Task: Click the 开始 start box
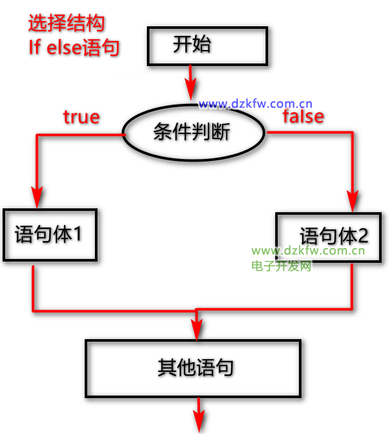click(206, 46)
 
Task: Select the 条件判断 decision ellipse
click(193, 133)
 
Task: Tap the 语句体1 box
click(49, 235)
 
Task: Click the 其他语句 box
click(192, 368)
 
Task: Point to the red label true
click(81, 117)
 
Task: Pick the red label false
click(303, 117)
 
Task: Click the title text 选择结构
click(67, 24)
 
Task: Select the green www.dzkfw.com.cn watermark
click(308, 251)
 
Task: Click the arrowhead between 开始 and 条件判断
click(191, 90)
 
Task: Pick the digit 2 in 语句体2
click(362, 236)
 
